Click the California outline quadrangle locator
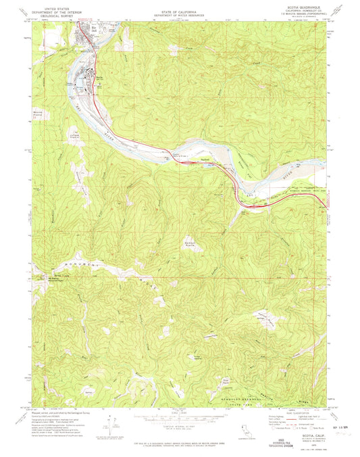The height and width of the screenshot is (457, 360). [x=245, y=430]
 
